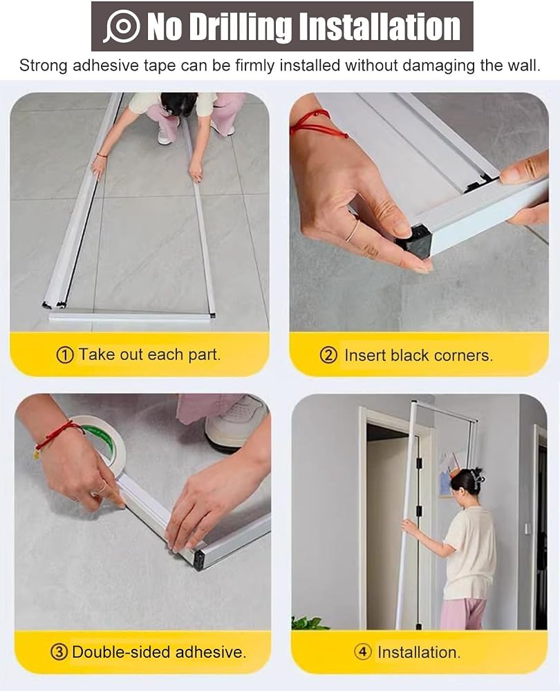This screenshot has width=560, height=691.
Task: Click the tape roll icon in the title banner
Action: click(122, 26)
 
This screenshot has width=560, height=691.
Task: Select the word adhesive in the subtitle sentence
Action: click(106, 66)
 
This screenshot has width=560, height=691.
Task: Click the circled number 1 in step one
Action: click(65, 354)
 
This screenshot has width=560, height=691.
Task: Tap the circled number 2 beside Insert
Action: click(328, 355)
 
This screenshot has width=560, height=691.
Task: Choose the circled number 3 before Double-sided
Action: click(59, 652)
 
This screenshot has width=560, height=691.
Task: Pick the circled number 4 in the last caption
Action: click(363, 652)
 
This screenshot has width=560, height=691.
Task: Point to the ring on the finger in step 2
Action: click(353, 231)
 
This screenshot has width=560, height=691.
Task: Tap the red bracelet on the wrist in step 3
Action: click(59, 435)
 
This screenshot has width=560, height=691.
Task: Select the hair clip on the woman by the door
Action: click(476, 476)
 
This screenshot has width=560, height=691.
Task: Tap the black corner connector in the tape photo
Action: click(200, 560)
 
